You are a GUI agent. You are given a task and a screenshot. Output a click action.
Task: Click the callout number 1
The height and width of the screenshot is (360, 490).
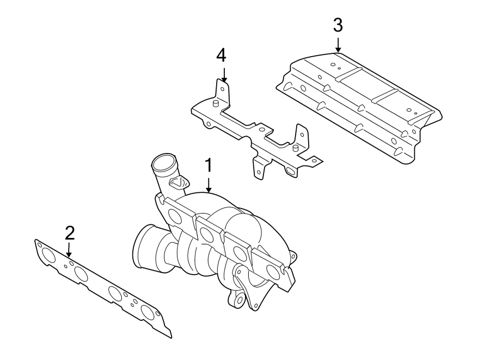[x=207, y=166]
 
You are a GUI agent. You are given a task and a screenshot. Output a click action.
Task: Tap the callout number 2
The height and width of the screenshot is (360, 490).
[x=69, y=233]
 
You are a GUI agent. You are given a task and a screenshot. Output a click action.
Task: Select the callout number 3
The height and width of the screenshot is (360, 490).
[x=338, y=25]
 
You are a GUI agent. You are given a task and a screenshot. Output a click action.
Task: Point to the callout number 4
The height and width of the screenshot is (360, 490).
[x=221, y=55]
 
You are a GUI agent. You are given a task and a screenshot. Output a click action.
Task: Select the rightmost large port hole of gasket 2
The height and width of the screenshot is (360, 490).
[x=148, y=312]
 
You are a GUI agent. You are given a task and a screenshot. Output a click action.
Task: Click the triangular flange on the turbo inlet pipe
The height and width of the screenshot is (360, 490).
[x=178, y=184]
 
